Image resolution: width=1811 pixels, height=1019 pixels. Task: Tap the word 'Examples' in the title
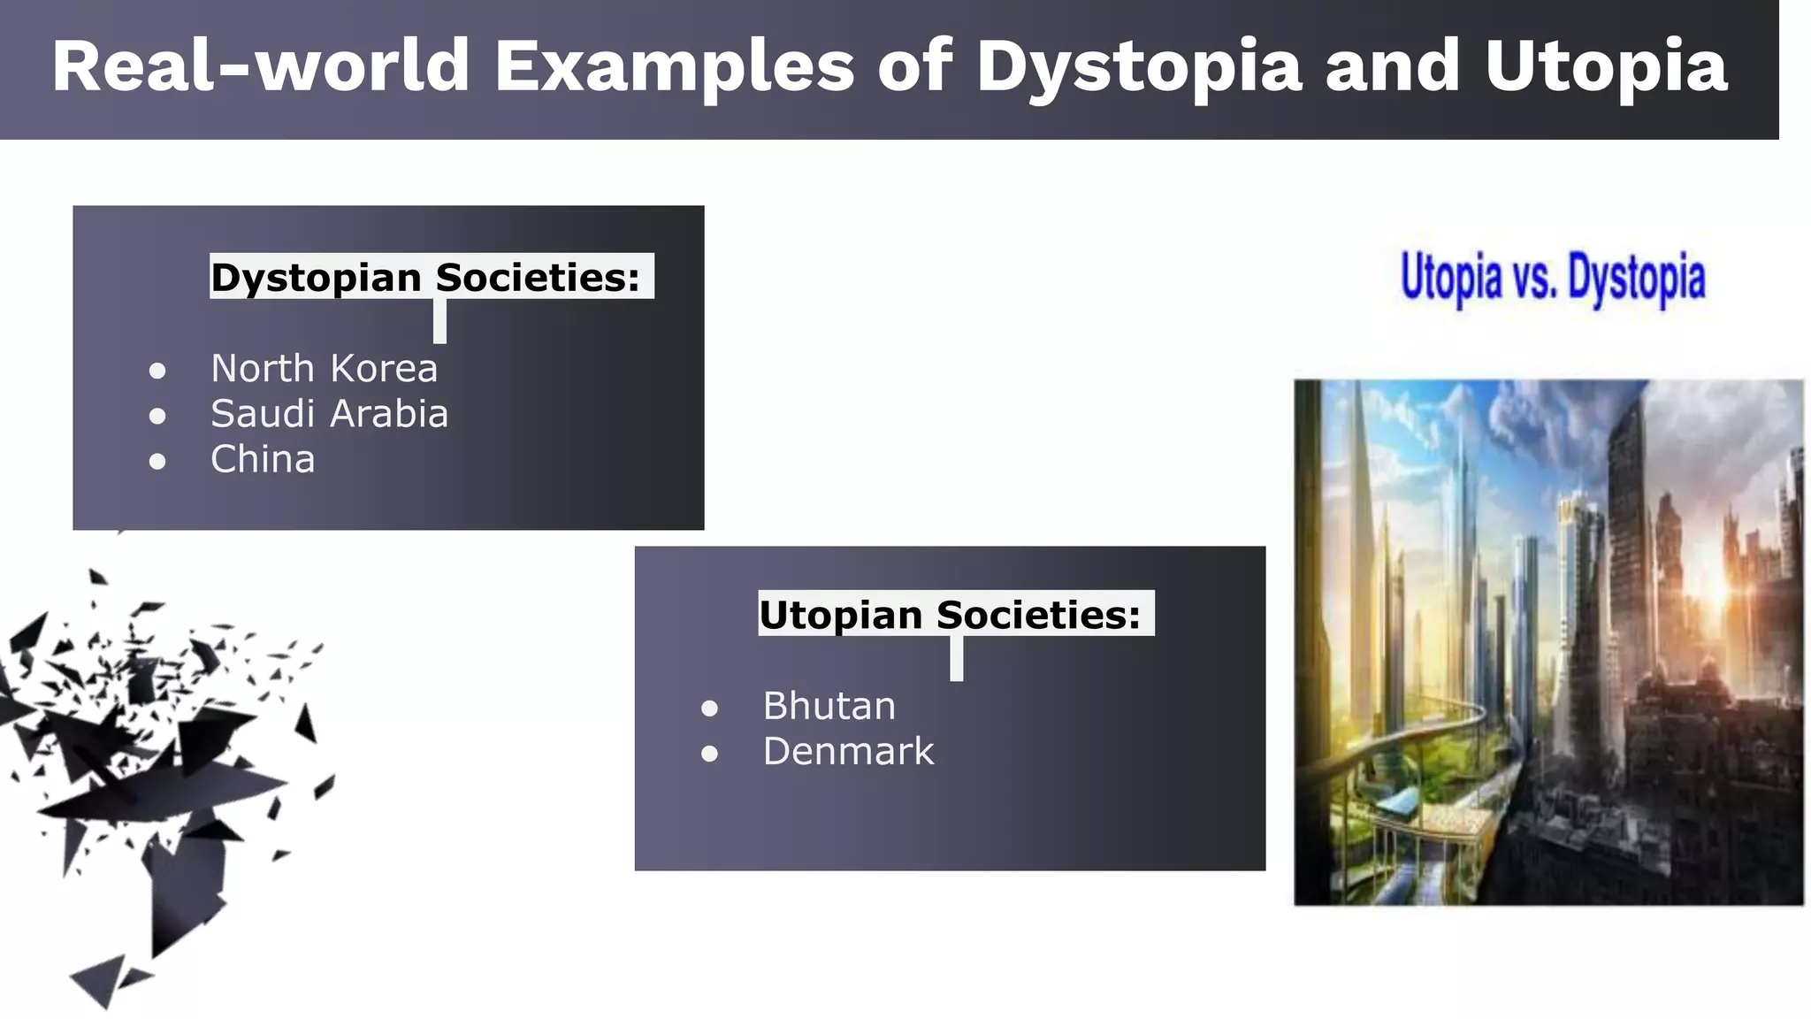674,66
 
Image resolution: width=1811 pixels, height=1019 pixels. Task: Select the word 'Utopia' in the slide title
1606,66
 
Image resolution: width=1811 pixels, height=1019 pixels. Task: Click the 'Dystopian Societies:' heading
425,277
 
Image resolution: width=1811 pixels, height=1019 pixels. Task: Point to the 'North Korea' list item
324,368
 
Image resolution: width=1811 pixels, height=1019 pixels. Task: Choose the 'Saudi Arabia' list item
329,414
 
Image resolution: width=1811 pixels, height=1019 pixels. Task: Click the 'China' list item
263,459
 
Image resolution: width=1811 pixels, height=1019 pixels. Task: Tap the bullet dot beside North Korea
157,371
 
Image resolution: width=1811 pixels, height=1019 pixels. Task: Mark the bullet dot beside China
157,462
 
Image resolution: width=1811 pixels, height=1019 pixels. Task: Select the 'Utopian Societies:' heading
950,614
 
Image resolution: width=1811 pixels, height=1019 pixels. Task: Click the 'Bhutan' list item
829,706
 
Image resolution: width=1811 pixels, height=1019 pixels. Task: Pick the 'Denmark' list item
848,752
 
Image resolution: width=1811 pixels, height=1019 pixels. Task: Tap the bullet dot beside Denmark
709,754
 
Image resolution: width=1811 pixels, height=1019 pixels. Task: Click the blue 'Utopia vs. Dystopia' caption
1553,278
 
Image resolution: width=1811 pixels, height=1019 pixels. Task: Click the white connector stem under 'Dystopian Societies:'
439,321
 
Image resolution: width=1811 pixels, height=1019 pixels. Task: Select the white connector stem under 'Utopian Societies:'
956,659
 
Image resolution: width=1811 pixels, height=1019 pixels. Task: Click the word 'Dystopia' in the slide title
1139,66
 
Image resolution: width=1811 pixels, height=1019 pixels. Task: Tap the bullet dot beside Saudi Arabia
157,416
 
